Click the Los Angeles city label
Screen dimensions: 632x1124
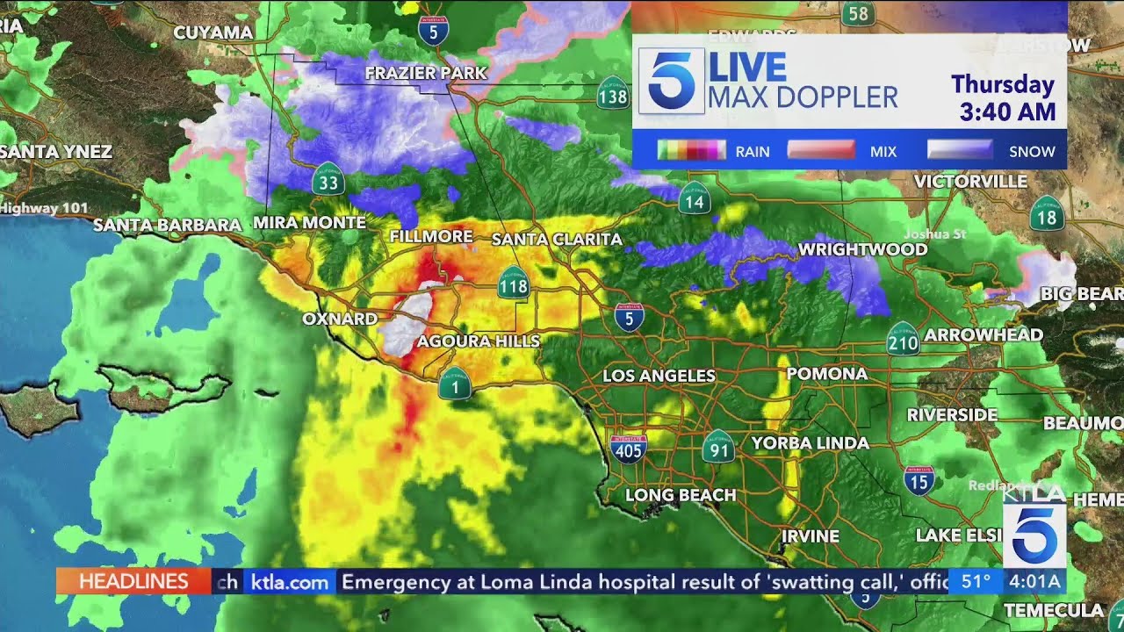pos(659,376)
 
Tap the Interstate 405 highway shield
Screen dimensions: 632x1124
pos(628,448)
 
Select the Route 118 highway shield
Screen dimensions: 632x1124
pos(513,284)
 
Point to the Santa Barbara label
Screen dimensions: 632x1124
pos(167,225)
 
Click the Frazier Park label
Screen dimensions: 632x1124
pos(426,73)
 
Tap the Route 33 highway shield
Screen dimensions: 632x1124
pos(328,182)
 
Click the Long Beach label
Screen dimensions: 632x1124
pos(681,495)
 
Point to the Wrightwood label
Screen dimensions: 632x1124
pos(862,249)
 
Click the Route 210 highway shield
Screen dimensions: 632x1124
pos(902,340)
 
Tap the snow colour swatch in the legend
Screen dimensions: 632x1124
pos(960,150)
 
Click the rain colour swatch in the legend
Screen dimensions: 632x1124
pos(692,150)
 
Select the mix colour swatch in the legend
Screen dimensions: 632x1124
pos(821,150)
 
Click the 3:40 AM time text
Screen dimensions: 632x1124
pos(1007,112)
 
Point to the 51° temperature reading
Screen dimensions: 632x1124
pos(976,581)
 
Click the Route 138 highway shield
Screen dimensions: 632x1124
pos(613,96)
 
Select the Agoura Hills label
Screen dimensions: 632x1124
pos(479,341)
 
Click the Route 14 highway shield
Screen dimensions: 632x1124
pos(694,198)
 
